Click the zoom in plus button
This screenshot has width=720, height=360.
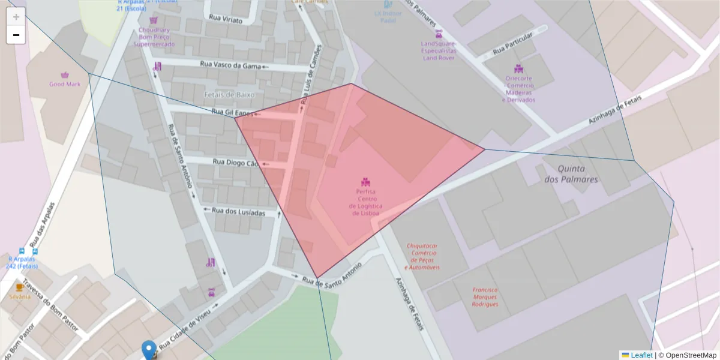point(16,17)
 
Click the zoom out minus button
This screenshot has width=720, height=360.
point(16,35)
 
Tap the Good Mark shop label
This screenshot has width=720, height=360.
point(65,84)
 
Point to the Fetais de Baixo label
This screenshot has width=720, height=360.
point(229,95)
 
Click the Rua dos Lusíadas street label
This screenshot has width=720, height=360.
point(239,211)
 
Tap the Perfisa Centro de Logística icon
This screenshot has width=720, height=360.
point(365,181)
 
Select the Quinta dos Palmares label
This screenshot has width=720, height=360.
point(571,174)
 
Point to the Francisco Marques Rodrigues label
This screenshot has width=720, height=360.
point(485,296)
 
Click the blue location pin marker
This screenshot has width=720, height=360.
point(149,349)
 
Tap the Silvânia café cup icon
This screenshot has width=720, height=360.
point(19,287)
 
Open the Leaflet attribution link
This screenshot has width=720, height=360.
point(641,355)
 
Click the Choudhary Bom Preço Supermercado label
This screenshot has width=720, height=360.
point(154,37)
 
